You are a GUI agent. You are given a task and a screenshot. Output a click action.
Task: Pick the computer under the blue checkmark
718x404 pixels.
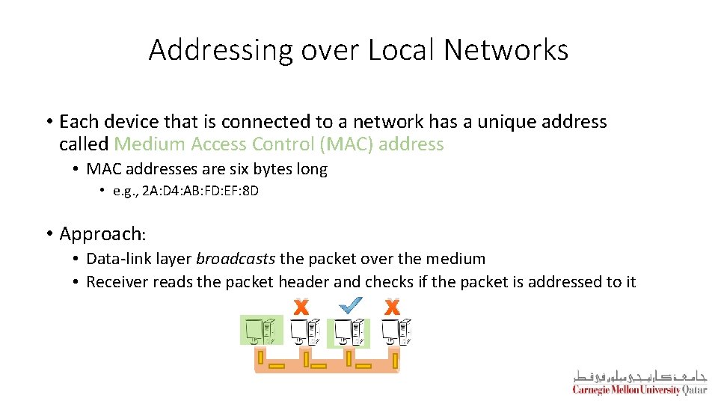point(349,332)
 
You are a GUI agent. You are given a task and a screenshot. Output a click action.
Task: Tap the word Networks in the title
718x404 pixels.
point(506,50)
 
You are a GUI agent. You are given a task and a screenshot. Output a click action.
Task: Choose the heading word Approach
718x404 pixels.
point(100,233)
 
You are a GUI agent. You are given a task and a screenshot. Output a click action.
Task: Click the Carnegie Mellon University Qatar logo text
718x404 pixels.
point(639,390)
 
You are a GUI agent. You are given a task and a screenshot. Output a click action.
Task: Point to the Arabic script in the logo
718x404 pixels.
point(639,376)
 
